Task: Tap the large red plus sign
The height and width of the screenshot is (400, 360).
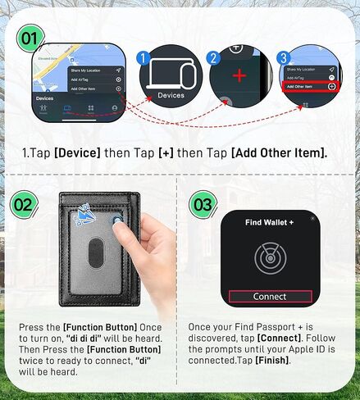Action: coord(239,75)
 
